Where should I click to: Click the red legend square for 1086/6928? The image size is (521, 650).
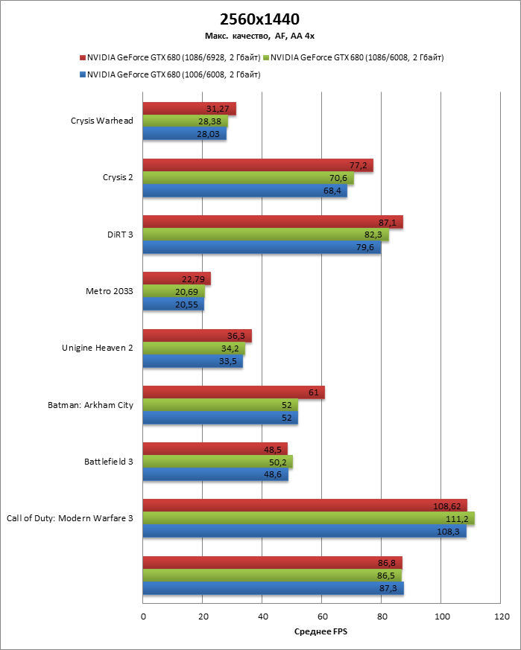83,57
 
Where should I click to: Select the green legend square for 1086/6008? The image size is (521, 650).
266,57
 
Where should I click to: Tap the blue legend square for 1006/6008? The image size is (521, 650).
83,74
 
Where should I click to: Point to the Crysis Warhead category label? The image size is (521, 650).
101,121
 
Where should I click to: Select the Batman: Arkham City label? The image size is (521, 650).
90,404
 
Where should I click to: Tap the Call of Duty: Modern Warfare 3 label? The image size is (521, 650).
69,517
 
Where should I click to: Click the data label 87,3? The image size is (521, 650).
385,588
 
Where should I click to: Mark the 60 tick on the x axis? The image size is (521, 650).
322,616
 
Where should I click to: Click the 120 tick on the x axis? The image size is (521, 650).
501,616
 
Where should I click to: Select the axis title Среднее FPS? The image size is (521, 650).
321,632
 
